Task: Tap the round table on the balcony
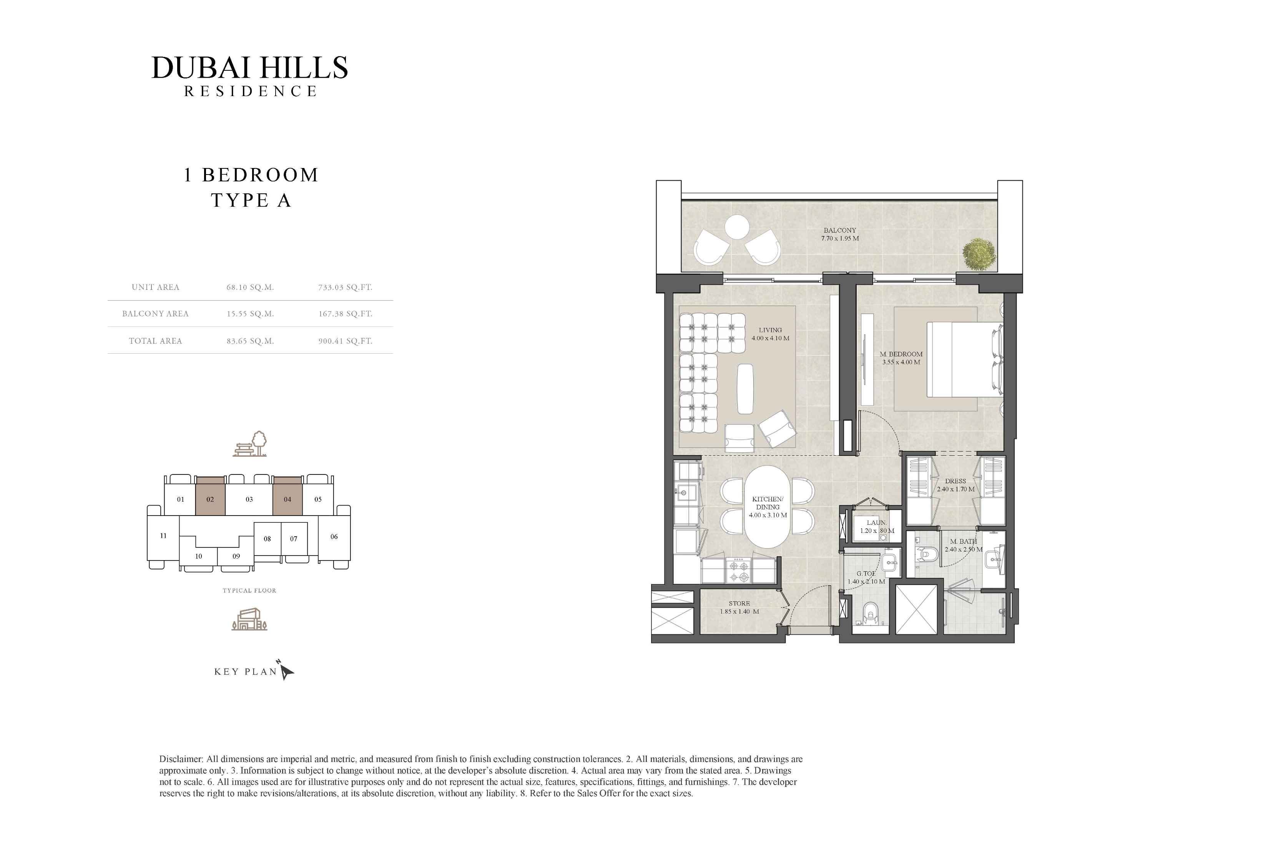[x=737, y=227]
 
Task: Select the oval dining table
[x=767, y=507]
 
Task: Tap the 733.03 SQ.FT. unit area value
[x=345, y=287]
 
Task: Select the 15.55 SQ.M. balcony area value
[x=250, y=314]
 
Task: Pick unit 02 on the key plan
[x=210, y=496]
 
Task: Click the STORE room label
[x=739, y=604]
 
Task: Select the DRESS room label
[x=955, y=481]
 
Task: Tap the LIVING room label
[x=770, y=330]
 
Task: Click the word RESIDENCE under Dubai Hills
[x=250, y=91]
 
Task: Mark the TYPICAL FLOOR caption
[x=249, y=591]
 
